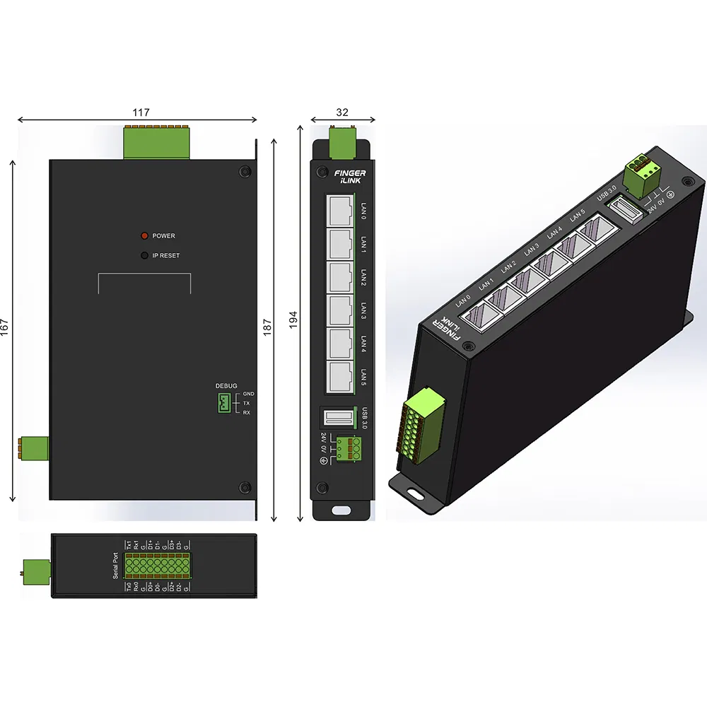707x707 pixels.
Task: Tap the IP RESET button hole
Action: pos(144,255)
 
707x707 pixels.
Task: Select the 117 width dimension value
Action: pos(141,112)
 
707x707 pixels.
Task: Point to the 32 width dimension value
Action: pos(342,112)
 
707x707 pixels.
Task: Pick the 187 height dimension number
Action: pos(267,327)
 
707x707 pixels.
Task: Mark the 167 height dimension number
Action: pos(6,327)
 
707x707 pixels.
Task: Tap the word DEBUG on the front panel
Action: pos(226,386)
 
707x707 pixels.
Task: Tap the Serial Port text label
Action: pos(116,565)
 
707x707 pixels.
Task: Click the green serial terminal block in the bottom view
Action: pos(156,566)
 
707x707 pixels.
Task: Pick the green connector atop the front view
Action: pos(157,143)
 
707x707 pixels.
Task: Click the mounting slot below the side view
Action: pos(343,509)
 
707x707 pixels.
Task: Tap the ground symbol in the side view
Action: pos(324,462)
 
